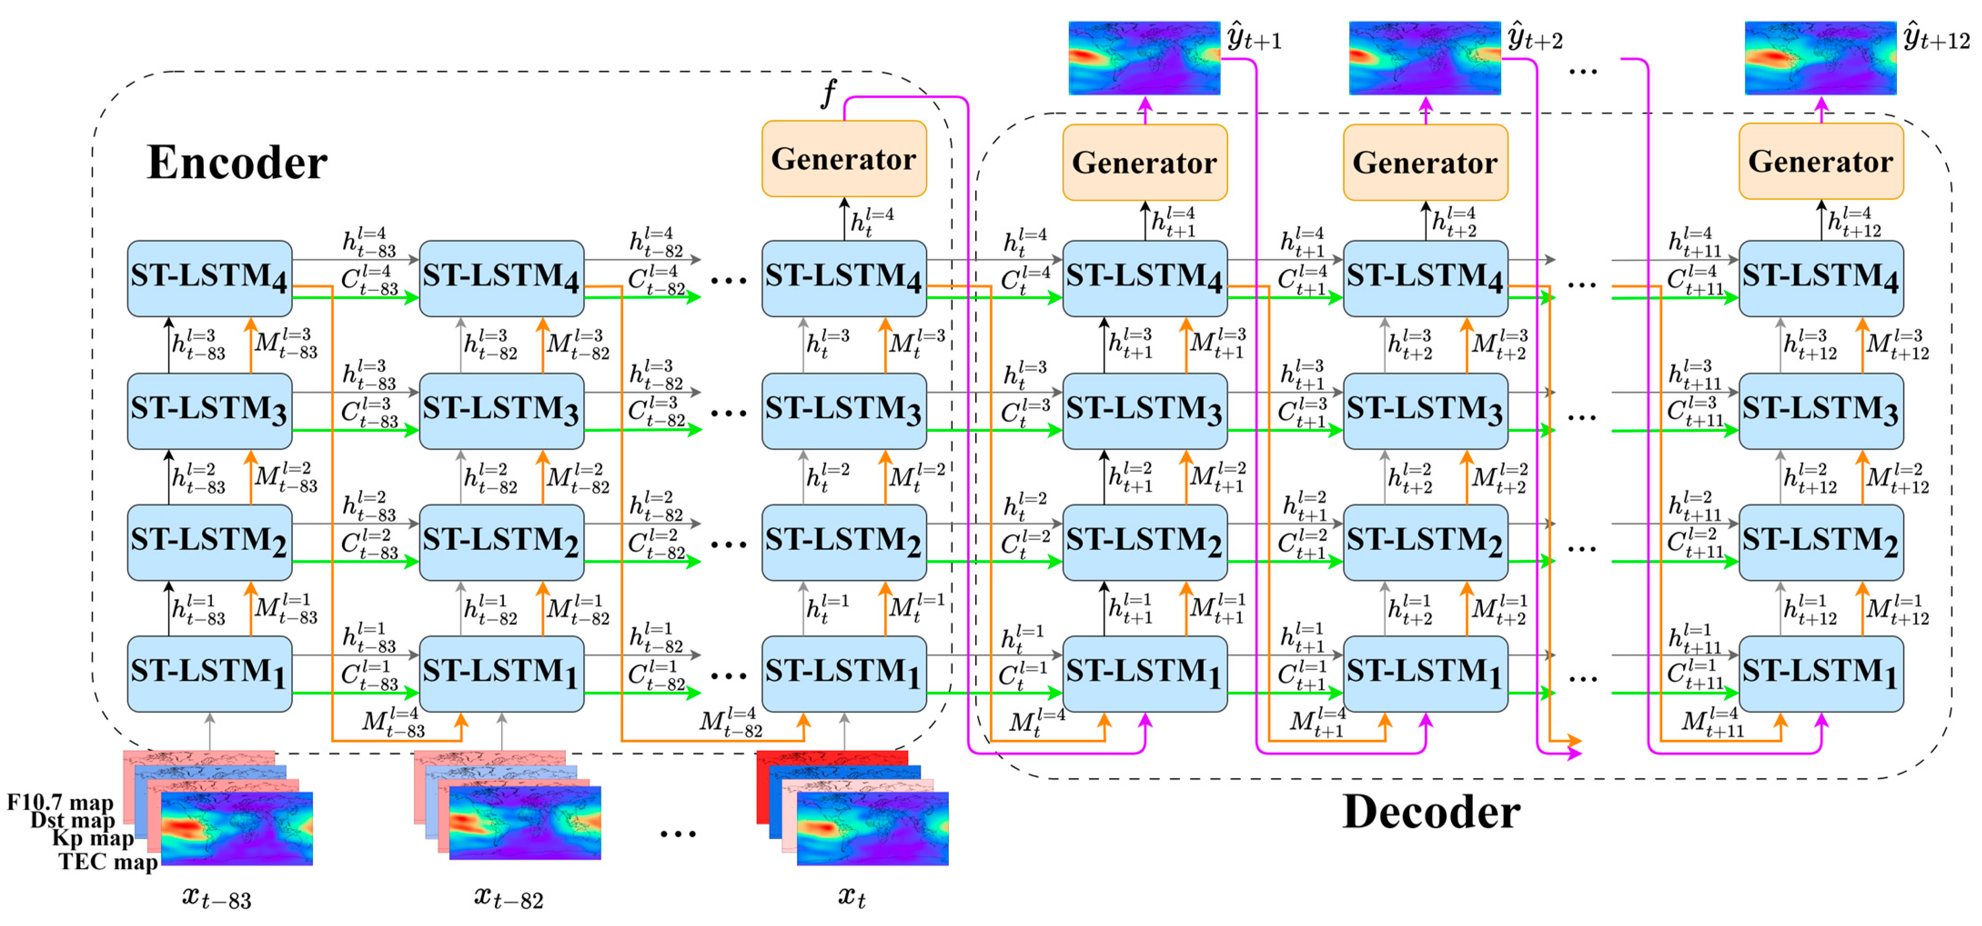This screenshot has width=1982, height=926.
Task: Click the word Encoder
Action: point(237,163)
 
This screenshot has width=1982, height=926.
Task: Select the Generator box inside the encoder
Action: point(843,159)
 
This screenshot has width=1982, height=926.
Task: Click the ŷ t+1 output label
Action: point(1254,39)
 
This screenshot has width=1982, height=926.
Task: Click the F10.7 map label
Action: point(60,802)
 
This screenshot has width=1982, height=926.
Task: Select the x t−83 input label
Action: point(217,897)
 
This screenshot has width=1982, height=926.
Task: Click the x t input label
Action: point(851,897)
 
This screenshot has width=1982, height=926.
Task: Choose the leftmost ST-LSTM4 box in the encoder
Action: point(209,278)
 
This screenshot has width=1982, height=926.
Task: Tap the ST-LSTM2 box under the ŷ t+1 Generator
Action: point(1144,542)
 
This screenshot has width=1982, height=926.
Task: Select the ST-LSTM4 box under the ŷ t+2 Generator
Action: point(1425,278)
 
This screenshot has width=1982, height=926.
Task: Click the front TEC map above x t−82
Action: point(525,823)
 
